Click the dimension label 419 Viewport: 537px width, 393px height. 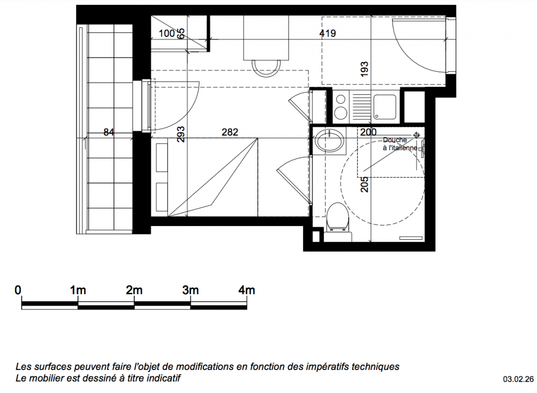(327, 33)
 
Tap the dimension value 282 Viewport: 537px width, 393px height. (229, 132)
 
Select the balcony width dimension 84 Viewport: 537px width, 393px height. (109, 132)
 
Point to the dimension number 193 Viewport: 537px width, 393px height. (365, 69)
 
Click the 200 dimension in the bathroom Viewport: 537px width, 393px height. (368, 132)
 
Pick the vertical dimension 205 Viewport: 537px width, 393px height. (365, 184)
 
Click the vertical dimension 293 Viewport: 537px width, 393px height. (181, 134)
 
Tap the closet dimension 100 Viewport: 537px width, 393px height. (167, 33)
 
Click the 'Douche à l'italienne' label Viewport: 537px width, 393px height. (399, 144)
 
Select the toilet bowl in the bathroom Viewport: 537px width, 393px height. (338, 216)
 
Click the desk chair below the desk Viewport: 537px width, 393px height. (266, 68)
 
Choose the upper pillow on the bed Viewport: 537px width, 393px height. (162, 158)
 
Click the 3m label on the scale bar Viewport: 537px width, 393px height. (190, 290)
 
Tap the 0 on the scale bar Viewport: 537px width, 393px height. (18, 290)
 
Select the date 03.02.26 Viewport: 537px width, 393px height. (518, 379)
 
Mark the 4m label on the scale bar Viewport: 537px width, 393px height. (247, 290)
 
